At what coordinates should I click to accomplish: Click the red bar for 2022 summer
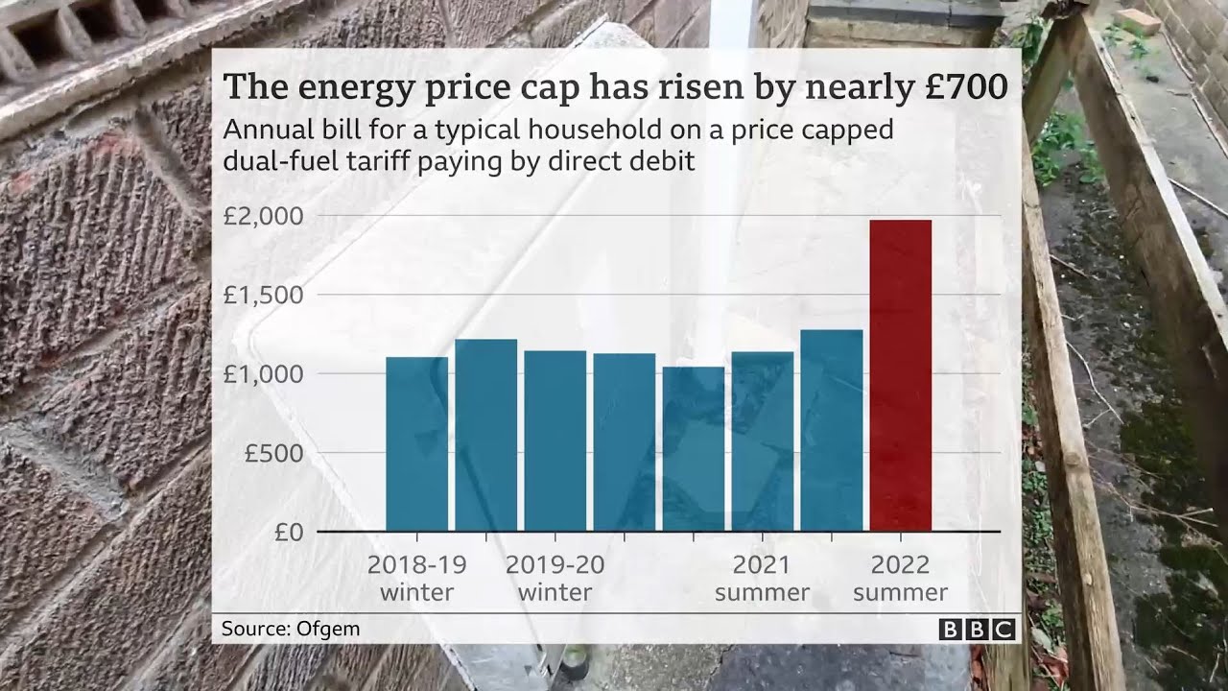point(900,375)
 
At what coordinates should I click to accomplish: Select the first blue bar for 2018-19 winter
point(416,443)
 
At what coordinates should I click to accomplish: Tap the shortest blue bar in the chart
point(693,448)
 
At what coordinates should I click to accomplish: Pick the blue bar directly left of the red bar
point(831,430)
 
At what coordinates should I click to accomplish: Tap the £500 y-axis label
point(273,452)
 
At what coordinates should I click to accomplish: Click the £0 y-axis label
point(288,532)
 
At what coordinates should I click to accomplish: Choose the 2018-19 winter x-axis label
point(416,578)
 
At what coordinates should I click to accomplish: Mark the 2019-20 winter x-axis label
point(555,578)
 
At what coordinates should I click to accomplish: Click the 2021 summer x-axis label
point(762,578)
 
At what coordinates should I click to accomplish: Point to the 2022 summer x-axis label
point(900,578)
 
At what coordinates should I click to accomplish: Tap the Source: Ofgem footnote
point(290,630)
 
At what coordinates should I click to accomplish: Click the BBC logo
point(977,630)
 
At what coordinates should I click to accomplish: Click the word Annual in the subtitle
point(265,130)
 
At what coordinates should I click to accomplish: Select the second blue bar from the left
point(485,435)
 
